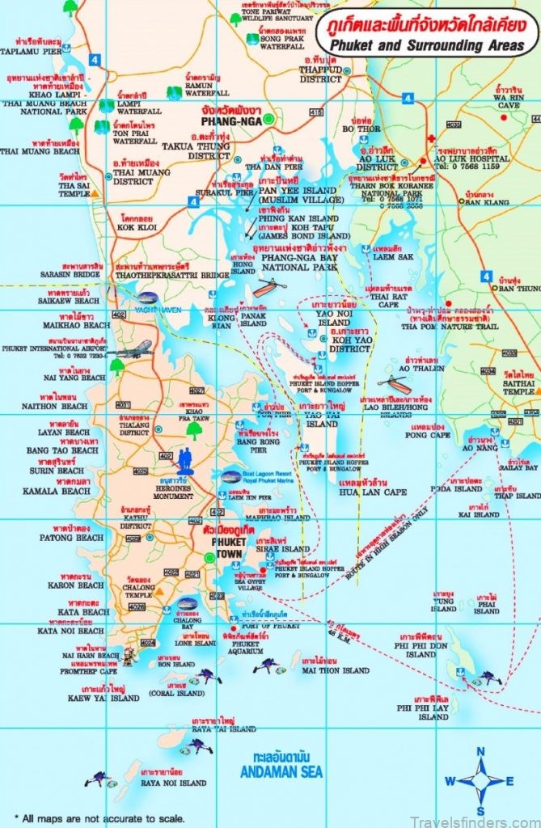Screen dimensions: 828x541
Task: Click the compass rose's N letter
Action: [480, 751]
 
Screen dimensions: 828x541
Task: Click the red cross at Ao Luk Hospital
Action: [432, 138]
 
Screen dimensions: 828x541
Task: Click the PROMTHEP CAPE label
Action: [87, 670]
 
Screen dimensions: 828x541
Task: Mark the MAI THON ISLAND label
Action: [335, 670]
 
